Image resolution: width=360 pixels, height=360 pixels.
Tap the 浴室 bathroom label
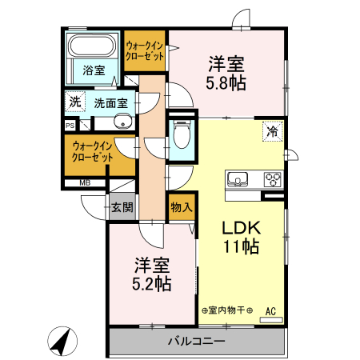pos(94,70)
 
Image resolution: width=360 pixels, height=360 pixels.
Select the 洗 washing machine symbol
pos(74,102)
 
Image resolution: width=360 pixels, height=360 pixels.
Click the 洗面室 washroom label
pos(110,102)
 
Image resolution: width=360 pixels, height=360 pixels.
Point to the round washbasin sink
pos(122,122)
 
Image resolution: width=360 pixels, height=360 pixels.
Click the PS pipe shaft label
pos(70,125)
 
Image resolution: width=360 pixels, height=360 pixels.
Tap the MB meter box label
pos(84,183)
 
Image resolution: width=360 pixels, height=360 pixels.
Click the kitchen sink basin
pos(239,178)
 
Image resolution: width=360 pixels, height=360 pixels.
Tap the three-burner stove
pos(273,178)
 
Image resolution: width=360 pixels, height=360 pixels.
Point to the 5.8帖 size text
pos(228,82)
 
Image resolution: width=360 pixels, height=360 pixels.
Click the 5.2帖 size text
pos(152,283)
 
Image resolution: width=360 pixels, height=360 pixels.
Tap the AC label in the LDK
pos(270,311)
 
